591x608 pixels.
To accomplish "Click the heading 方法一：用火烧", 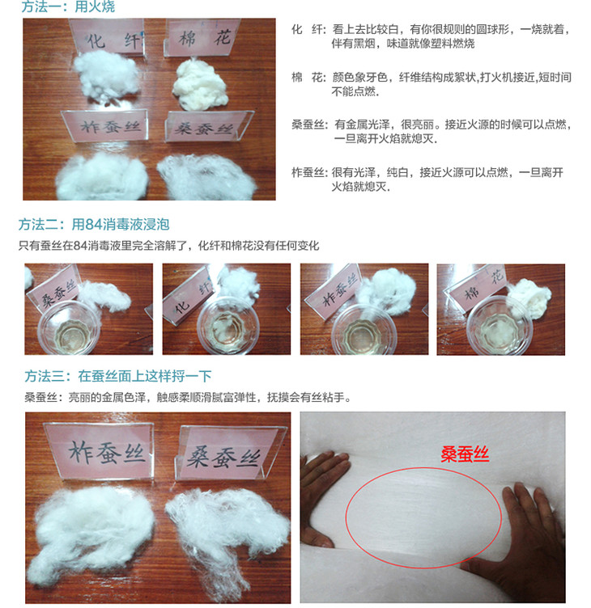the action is [x=68, y=6].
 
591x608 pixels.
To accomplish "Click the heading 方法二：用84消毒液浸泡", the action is [x=94, y=225].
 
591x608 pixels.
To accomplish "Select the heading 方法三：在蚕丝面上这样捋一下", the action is [x=118, y=376].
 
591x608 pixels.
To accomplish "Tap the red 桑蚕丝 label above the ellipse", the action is [x=465, y=454].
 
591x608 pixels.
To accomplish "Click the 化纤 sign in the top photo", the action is [x=107, y=38].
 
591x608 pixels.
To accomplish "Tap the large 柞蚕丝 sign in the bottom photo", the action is [x=101, y=451].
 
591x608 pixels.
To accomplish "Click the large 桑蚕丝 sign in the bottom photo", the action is [x=229, y=454].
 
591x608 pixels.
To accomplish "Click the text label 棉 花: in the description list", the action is [x=308, y=78].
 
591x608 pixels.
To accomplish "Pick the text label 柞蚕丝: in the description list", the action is [x=309, y=172].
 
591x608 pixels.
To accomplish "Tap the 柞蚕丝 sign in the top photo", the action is [x=105, y=126].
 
